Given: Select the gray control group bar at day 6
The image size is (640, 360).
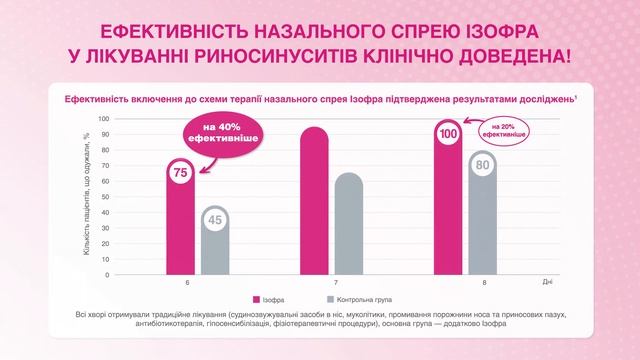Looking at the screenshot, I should point(215,245).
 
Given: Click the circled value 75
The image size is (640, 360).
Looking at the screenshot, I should point(182,173).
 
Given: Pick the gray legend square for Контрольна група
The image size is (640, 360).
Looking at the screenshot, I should point(330,300).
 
